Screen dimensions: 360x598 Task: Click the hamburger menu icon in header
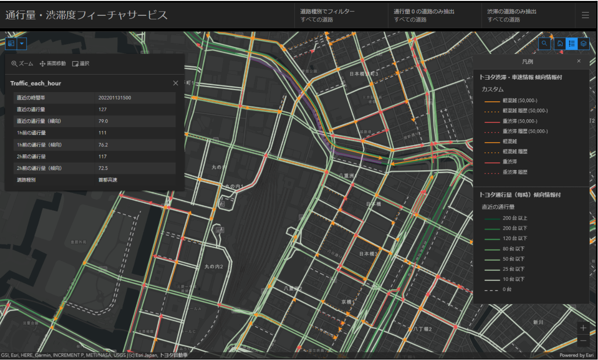[585, 15]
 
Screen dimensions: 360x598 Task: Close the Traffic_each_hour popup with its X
[176, 83]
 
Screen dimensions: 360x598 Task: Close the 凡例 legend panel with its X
[579, 61]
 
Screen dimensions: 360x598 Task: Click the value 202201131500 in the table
[115, 98]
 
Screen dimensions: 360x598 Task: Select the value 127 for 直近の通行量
[102, 110]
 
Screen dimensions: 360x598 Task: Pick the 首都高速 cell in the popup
[107, 180]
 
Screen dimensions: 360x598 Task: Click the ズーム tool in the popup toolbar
[22, 64]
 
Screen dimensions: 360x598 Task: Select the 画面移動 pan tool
[53, 64]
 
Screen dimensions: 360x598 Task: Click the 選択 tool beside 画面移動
[81, 64]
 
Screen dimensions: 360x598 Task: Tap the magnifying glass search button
[545, 43]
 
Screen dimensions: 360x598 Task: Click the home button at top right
[560, 43]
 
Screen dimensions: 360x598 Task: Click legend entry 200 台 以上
[515, 218]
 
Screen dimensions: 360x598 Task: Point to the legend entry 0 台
[507, 290]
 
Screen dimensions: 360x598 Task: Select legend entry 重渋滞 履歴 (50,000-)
[525, 131]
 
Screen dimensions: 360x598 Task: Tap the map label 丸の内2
[214, 267]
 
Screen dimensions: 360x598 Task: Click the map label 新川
[538, 322]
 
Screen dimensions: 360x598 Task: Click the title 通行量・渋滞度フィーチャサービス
[87, 15]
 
